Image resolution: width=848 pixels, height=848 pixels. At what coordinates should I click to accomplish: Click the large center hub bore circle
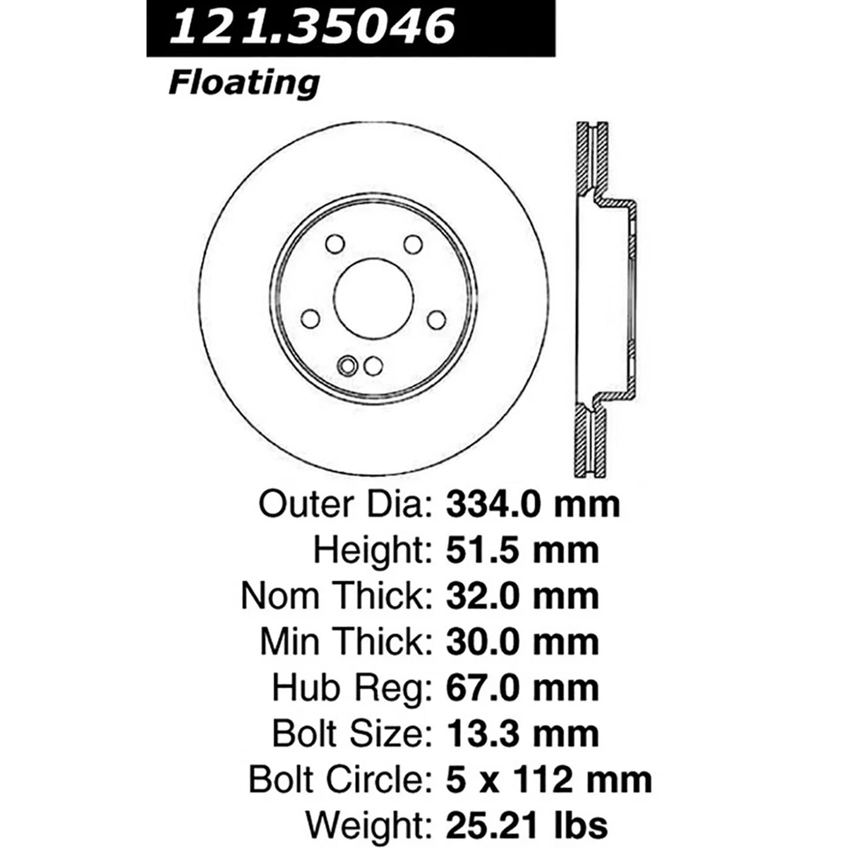point(373,298)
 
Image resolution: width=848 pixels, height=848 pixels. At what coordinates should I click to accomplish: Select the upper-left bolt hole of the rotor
point(334,244)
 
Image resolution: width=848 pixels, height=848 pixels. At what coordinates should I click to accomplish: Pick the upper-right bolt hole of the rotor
point(413,244)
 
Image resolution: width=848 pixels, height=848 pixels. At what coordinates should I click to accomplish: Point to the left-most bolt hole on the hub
point(310,319)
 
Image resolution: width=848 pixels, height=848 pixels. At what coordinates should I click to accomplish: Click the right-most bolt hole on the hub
point(436,319)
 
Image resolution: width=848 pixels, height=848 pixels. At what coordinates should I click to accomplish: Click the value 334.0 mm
point(533,505)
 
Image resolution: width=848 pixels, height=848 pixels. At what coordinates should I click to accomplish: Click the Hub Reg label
point(349,687)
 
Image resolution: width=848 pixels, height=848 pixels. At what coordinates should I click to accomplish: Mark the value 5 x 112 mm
point(548,779)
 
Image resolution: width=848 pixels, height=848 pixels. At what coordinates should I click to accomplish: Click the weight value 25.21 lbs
point(526,825)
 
